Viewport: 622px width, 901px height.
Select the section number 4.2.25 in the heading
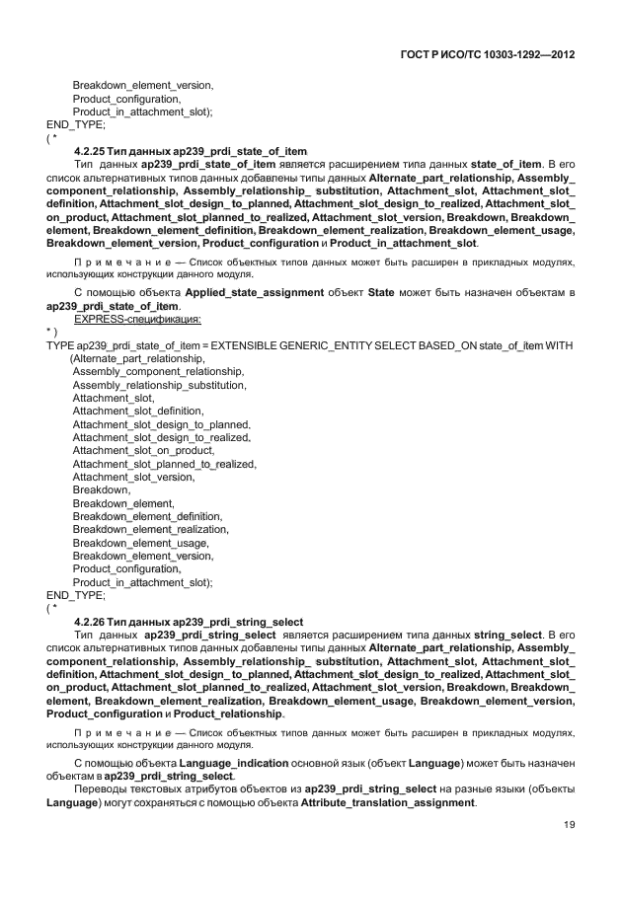pos(93,150)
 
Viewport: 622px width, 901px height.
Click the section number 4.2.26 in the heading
pos(93,621)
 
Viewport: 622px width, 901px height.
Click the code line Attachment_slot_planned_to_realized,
pos(164,464)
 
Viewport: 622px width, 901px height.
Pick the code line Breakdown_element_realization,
pos(151,529)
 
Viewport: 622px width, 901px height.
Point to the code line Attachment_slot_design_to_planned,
pos(161,424)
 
